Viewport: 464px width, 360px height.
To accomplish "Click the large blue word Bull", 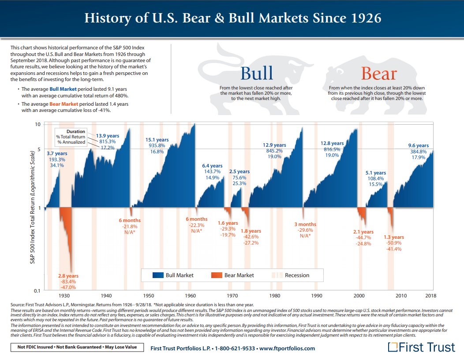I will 257,73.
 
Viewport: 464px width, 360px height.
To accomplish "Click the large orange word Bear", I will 378,73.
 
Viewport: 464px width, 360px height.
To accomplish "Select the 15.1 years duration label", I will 157,140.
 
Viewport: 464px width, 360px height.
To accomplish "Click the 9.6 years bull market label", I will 418,145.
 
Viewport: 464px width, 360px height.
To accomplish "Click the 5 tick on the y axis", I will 39,149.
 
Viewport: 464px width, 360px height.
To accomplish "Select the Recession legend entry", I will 297,275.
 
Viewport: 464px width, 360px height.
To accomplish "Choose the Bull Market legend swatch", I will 158,275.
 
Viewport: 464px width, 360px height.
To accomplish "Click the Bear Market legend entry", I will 239,275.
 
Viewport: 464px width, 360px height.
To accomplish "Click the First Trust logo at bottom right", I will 421,347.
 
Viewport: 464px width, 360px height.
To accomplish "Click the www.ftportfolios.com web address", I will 287,348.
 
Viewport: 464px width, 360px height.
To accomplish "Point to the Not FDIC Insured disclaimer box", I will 74,347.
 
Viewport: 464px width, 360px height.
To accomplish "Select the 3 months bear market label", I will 305,224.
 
